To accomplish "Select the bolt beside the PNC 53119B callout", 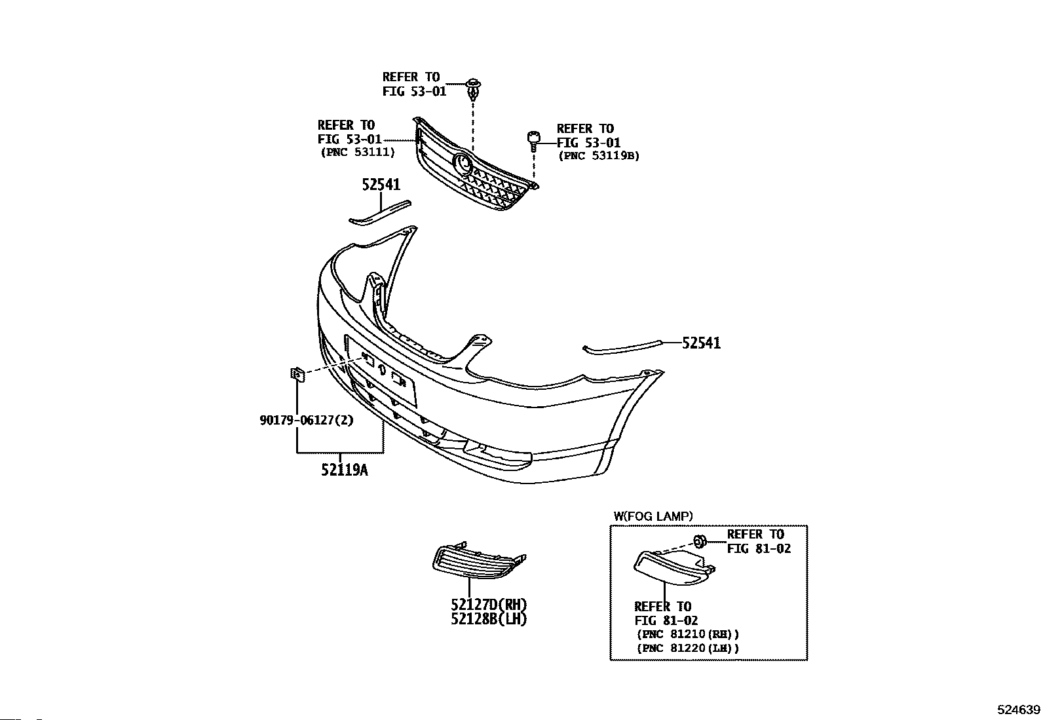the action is (533, 142).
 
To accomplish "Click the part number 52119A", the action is (344, 470).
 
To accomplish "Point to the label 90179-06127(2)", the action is (307, 421).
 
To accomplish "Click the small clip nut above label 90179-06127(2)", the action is (297, 373).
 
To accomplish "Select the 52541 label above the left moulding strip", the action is (381, 185).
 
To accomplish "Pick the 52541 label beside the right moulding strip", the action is (701, 343).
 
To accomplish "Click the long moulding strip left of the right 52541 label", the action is (622, 347).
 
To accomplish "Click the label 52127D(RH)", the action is (489, 605).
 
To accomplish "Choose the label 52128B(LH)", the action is (489, 619).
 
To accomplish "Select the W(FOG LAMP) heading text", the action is (653, 516).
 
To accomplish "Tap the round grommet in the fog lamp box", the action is (700, 542).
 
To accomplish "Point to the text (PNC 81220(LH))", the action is (688, 648).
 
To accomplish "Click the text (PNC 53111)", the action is (358, 152).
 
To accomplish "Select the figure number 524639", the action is (1018, 710).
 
